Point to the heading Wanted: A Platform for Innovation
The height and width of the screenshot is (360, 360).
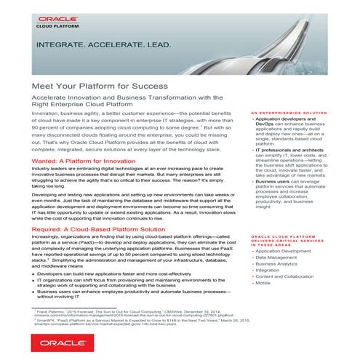pos(86,159)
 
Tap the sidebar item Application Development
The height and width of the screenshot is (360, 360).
pos(290,250)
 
